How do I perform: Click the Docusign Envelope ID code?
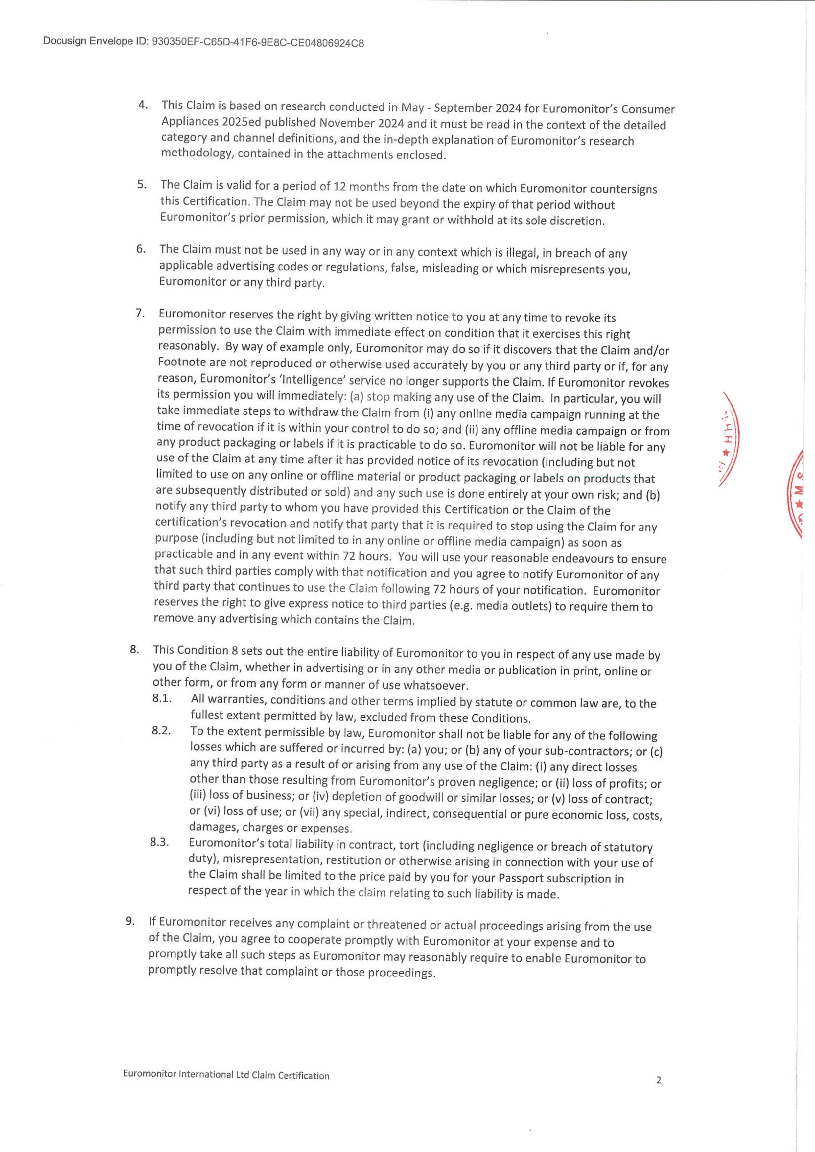[x=257, y=43]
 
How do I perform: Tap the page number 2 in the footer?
[x=659, y=1094]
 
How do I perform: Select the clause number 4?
[x=143, y=105]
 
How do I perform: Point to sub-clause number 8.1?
[x=162, y=699]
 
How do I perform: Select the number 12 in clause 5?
[x=340, y=187]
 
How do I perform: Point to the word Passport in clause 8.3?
[x=521, y=878]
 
